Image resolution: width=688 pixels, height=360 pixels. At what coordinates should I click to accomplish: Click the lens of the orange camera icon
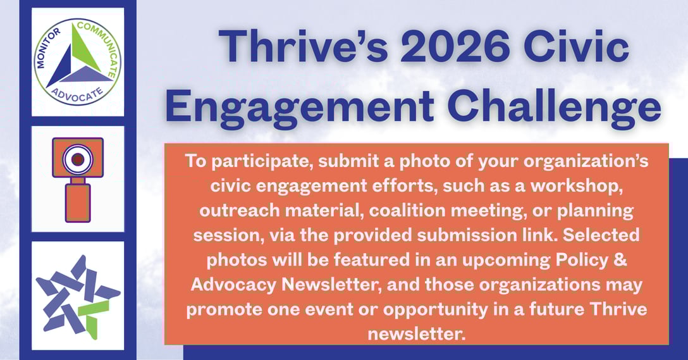pos(77,159)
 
